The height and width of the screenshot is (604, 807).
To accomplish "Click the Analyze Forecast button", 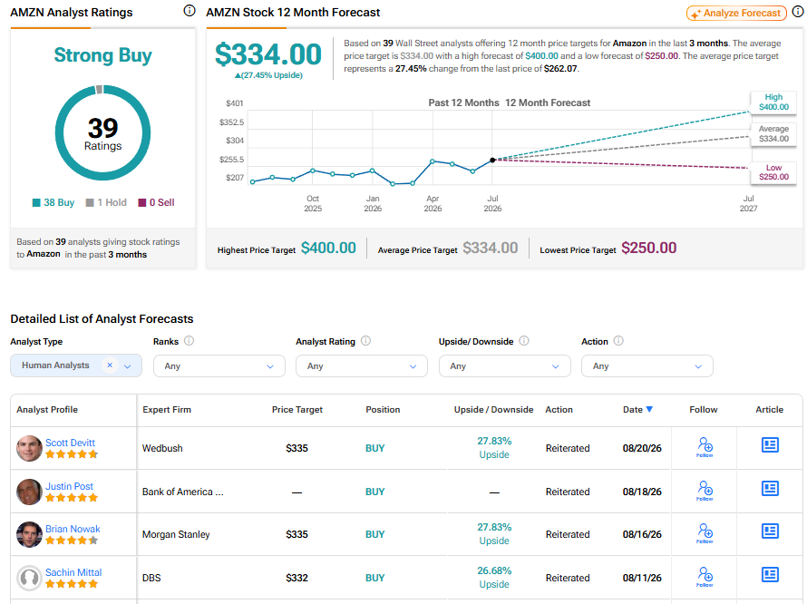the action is point(736,14).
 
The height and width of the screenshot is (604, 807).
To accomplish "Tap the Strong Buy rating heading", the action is point(103,55).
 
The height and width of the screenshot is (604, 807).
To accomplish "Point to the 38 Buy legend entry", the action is point(53,202).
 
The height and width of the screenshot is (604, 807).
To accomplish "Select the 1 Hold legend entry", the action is point(106,202).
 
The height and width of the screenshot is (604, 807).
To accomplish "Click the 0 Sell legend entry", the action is point(157,202).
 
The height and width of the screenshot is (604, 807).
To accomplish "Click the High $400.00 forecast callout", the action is point(773,102).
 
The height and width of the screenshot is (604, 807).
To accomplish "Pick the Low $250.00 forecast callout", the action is point(773,172).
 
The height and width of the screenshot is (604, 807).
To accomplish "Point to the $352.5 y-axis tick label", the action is point(231,122).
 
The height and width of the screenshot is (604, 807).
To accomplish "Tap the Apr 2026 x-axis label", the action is point(433,203).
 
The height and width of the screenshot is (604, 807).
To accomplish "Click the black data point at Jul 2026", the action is point(492,161).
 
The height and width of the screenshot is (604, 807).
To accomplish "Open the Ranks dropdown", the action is point(219,366).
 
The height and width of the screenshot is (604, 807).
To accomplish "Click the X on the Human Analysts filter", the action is point(110,365).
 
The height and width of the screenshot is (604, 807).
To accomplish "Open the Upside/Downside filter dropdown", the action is point(505,366).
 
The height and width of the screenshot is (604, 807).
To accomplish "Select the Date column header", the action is point(637,409).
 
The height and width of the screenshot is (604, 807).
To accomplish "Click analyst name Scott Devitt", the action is point(70,443).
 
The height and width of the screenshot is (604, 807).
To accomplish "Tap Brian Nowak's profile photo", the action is point(29,534).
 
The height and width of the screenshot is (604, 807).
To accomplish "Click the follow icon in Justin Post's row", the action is point(705,491).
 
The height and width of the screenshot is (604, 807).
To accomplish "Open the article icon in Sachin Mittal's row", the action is point(770,575).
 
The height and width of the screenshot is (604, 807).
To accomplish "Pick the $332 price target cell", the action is point(297,578).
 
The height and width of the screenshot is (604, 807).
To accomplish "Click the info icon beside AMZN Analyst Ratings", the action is point(190,10).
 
